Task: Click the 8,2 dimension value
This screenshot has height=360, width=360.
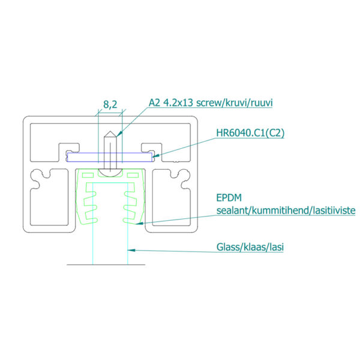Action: [x=110, y=104]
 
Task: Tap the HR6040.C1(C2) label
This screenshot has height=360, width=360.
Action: [x=250, y=133]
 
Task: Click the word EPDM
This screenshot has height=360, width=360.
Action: [x=229, y=197]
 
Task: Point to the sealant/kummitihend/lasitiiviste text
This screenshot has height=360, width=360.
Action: [x=286, y=211]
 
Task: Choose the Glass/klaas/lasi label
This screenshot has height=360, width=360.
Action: [x=250, y=247]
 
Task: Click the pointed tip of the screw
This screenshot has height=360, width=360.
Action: [x=110, y=131]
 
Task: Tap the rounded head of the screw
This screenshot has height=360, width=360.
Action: [x=110, y=173]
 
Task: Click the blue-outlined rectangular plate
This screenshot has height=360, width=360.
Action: [x=110, y=157]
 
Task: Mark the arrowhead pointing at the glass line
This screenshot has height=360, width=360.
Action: [x=131, y=250]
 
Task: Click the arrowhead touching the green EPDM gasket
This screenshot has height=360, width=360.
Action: [x=139, y=223]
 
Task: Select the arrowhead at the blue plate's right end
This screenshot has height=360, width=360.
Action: [x=155, y=155]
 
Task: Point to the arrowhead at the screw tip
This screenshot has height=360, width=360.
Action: [x=119, y=134]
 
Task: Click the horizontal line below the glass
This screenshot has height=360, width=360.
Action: [x=106, y=265]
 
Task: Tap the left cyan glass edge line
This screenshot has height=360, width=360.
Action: [x=93, y=224]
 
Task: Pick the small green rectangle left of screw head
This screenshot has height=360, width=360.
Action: [x=88, y=175]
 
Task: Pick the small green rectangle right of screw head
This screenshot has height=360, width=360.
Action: [x=133, y=175]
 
